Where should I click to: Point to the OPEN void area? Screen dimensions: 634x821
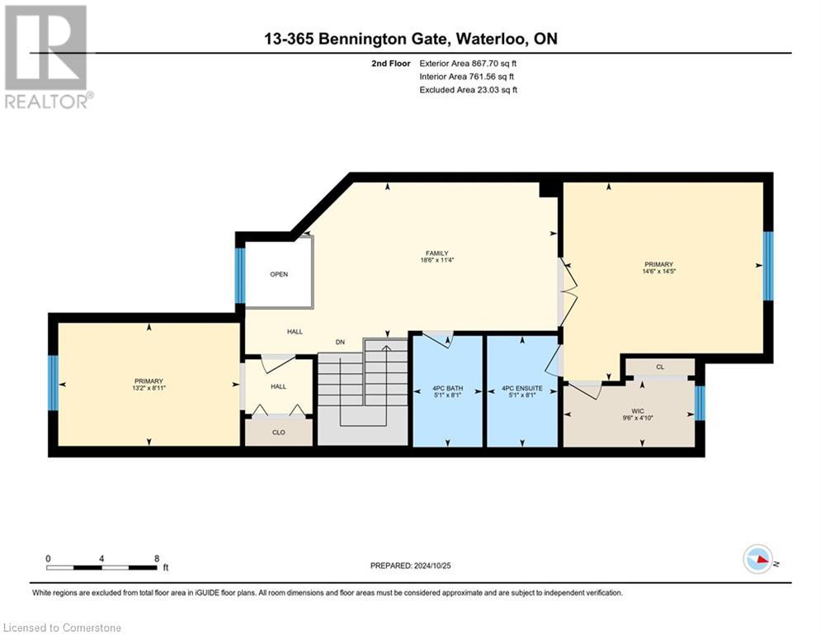(279, 274)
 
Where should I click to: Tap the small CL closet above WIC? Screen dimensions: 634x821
(659, 367)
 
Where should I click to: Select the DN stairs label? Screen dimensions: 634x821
(339, 342)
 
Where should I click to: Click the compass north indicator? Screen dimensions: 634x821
(757, 559)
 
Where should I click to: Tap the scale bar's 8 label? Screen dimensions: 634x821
(156, 558)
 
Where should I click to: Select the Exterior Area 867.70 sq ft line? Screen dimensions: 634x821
(469, 63)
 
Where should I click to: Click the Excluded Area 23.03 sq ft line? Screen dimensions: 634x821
(469, 89)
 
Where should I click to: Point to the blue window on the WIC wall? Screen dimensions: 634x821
(700, 403)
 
